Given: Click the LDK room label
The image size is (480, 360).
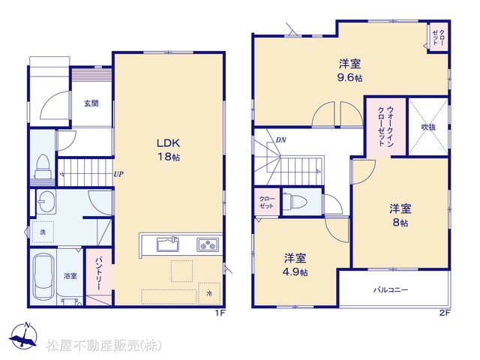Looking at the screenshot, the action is [x=168, y=143].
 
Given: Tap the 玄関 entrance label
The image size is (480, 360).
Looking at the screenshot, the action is [x=91, y=103].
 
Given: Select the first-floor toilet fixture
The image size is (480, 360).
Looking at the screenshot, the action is [x=43, y=166].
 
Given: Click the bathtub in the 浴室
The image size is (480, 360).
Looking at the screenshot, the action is [x=43, y=277].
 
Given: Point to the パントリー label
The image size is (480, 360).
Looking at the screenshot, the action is [x=98, y=273].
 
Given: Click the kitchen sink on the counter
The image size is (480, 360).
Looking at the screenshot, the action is [x=168, y=244].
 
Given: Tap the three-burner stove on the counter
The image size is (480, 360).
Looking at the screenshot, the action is [x=208, y=244].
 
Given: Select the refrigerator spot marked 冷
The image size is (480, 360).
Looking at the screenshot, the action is [x=209, y=293].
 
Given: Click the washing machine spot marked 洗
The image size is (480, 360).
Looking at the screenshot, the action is [x=43, y=232].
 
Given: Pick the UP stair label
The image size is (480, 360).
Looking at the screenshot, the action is [x=118, y=174].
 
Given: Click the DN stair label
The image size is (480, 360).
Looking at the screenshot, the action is [x=280, y=140].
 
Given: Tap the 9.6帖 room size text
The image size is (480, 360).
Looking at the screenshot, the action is [x=349, y=78].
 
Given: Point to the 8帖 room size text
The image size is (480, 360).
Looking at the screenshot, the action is [x=400, y=223].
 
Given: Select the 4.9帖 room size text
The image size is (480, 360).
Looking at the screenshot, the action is [x=295, y=272].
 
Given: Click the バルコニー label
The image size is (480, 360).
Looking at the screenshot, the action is [x=391, y=289].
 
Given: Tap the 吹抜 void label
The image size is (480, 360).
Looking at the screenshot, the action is [x=428, y=127].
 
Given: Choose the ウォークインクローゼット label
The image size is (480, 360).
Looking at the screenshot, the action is [x=386, y=126].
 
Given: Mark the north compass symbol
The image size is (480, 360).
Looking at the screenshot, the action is [x=23, y=336].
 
